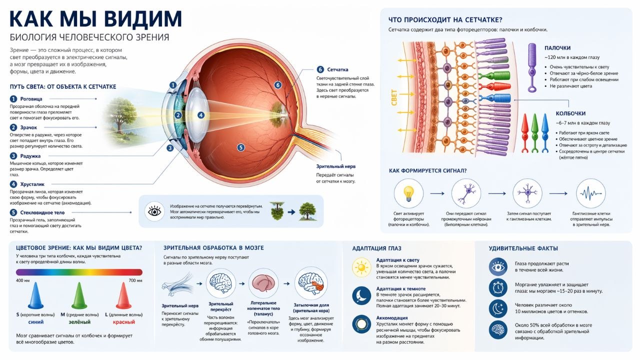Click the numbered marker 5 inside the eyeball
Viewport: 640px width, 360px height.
click(241, 147)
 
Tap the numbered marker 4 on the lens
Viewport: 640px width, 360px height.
click(201, 115)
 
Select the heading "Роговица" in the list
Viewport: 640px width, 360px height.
click(31, 99)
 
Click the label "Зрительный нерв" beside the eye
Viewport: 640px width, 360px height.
click(335, 166)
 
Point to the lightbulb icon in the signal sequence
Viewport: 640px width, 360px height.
click(408, 193)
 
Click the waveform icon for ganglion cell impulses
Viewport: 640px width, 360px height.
click(590, 193)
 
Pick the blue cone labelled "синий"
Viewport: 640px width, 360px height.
click(35, 295)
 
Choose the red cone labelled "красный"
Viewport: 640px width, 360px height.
click(123, 295)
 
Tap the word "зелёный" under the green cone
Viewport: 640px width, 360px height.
click(79, 322)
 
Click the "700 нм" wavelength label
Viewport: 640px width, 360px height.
click(135, 280)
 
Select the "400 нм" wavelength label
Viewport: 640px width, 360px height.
click(23, 280)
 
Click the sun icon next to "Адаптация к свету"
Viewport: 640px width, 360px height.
click(361, 267)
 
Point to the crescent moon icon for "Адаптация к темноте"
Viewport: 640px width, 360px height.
click(361, 295)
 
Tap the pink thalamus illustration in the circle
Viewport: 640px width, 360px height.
click(263, 283)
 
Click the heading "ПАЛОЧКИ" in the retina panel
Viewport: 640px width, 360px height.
click(557, 48)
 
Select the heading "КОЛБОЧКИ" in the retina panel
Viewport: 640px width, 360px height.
click(570, 113)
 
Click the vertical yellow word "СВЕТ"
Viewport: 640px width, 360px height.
click(394, 97)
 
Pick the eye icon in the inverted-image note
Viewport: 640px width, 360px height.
click(154, 211)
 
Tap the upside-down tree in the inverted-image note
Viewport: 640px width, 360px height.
click(277, 210)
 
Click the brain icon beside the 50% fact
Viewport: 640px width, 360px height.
click(498, 330)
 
